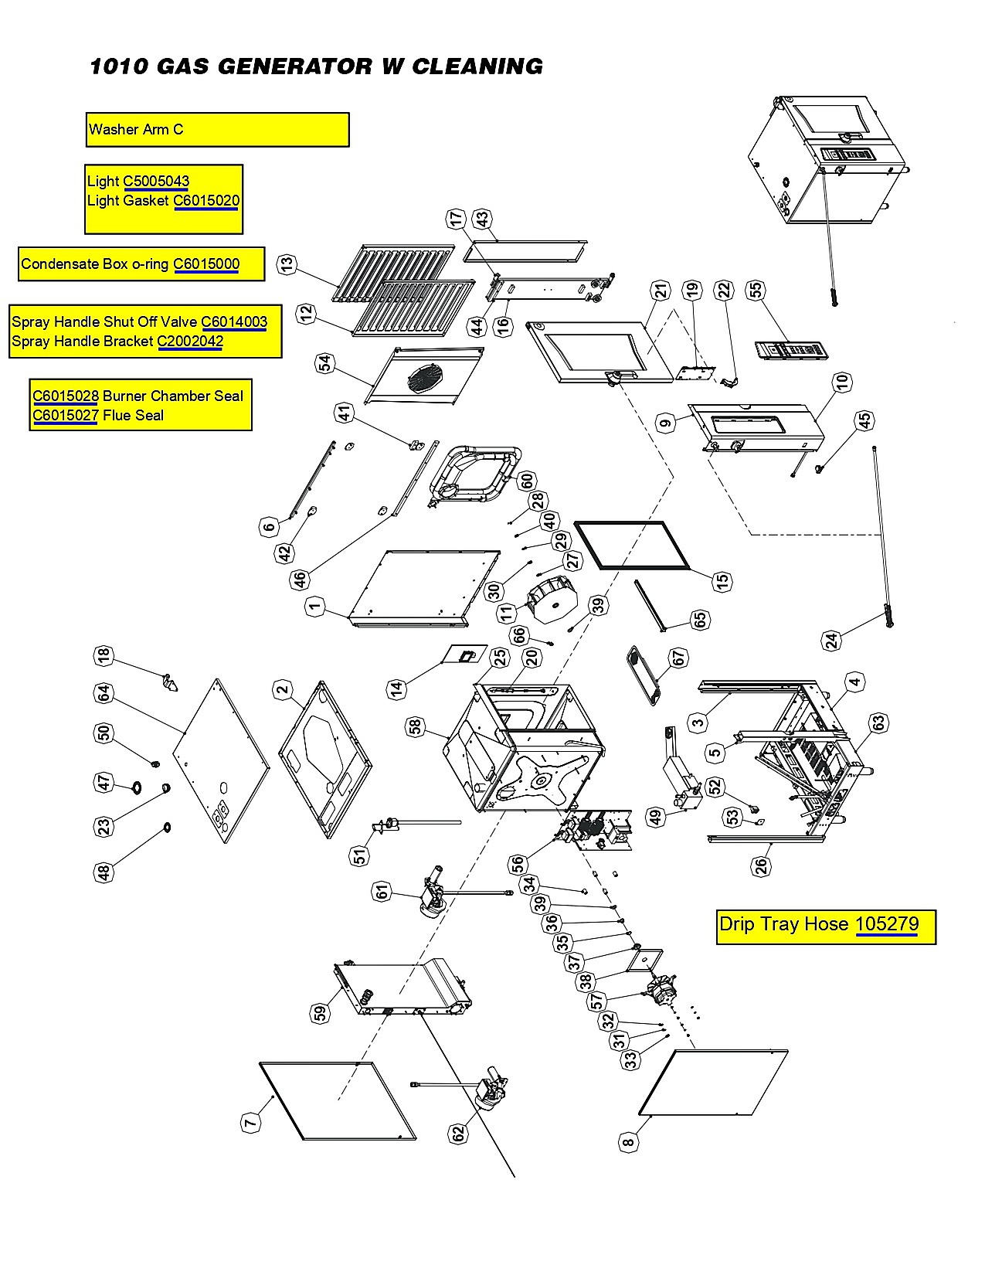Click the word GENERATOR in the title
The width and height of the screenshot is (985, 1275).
294,66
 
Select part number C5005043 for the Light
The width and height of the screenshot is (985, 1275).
156,182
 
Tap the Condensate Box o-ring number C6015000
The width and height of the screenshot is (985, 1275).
206,264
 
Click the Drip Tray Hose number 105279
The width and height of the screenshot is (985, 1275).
887,923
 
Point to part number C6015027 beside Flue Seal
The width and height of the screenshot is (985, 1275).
65,416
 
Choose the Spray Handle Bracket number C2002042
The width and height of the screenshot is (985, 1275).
190,342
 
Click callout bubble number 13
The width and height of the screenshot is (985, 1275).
287,264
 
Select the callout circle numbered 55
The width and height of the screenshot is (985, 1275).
756,290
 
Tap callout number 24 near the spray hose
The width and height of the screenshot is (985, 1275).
831,640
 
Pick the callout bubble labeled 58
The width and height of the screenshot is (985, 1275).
416,728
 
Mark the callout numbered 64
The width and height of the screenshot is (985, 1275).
104,693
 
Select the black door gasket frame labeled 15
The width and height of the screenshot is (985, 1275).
633,546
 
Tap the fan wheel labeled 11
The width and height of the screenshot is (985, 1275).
552,600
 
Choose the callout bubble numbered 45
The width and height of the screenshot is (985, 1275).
864,420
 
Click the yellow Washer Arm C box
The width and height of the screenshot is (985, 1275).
218,130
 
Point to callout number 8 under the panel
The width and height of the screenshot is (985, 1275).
628,1142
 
